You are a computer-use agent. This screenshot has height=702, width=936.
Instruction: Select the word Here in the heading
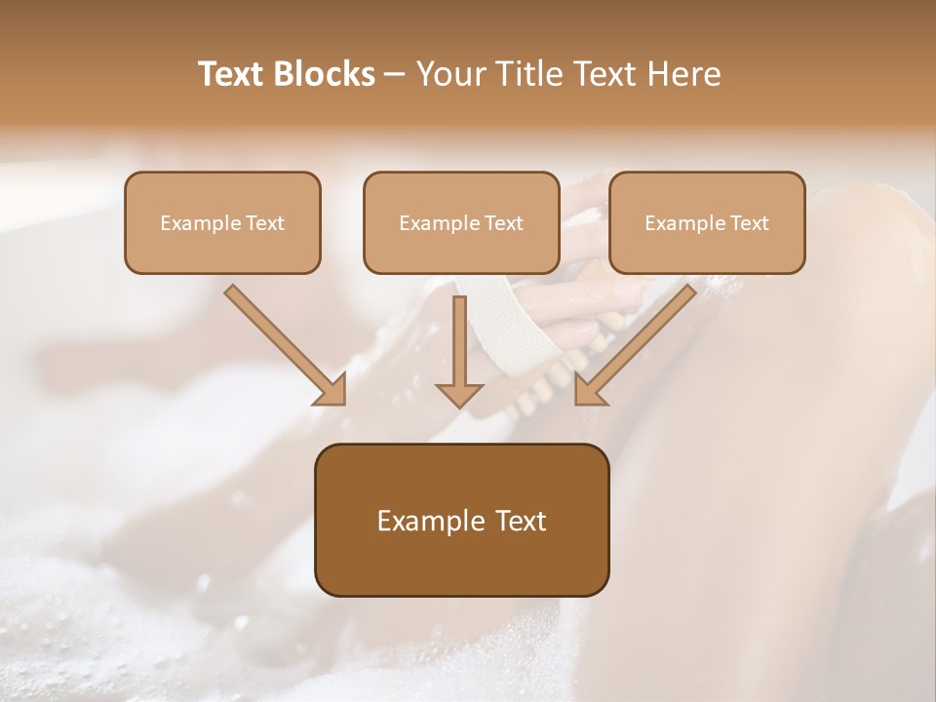point(683,74)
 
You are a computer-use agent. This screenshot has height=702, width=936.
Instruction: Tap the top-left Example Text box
point(222,222)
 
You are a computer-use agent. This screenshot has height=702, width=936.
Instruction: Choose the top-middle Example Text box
point(461,222)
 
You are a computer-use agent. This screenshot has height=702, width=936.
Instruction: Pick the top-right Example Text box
point(707,222)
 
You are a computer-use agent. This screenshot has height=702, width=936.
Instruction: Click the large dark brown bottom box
point(461,520)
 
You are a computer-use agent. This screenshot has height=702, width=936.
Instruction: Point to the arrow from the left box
point(283,343)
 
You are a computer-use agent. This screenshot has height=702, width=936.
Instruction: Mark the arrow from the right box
point(639,343)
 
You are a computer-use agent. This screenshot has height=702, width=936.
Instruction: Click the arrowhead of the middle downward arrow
point(459,394)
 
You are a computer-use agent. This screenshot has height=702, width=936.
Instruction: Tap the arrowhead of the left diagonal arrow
point(331,391)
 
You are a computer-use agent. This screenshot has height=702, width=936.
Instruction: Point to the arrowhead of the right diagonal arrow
point(589,391)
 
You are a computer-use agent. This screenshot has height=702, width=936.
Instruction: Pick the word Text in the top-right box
point(749,223)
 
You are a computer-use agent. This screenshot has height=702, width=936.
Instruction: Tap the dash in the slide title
point(395,75)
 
